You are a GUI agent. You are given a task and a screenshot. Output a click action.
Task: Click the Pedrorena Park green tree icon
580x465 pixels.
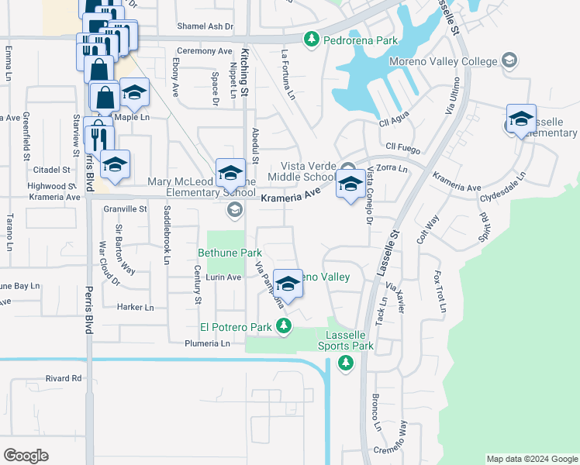(x=312, y=38)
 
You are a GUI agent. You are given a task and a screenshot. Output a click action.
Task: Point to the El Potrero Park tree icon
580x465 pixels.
(x=285, y=327)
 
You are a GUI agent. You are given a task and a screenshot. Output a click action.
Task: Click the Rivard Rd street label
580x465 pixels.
(x=64, y=378)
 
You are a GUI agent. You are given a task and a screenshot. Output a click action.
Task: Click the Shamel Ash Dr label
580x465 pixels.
(x=205, y=26)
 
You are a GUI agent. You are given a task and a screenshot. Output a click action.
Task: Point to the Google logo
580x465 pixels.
(x=26, y=456)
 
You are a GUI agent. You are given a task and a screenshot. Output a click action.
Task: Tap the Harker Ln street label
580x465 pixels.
(x=136, y=307)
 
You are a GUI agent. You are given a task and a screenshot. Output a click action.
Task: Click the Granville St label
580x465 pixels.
(x=126, y=209)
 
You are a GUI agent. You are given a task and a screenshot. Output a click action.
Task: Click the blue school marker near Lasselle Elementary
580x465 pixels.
(x=522, y=119)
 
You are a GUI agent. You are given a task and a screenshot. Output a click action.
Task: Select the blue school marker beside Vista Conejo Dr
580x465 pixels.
(x=350, y=184)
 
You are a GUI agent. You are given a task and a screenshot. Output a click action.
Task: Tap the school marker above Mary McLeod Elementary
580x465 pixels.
(x=230, y=172)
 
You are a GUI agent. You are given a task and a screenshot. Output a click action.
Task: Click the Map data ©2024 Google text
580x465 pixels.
(x=531, y=459)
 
